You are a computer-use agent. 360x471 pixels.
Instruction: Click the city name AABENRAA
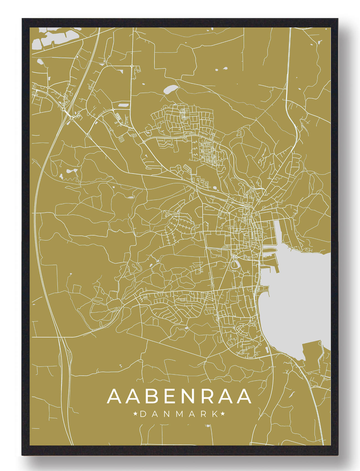tap(179, 396)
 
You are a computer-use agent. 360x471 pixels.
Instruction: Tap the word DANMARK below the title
tap(179, 414)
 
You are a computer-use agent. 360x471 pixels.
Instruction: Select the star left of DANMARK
tap(136, 414)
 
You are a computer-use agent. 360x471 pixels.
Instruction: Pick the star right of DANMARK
tap(223, 414)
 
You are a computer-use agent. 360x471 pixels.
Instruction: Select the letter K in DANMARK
tap(215, 414)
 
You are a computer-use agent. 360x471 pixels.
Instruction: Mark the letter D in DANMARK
tap(143, 414)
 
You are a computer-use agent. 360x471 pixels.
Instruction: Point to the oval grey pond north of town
tap(170, 89)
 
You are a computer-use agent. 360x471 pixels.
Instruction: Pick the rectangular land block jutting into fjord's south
tap(312, 351)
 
